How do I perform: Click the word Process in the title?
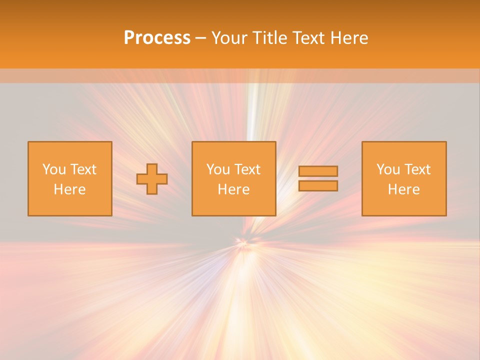pos(157,38)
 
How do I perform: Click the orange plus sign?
pos(152,178)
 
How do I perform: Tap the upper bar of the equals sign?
pos(318,171)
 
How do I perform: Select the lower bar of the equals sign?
pos(318,186)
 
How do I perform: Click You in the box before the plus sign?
pos(53,169)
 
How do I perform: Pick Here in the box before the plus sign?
pos(69,189)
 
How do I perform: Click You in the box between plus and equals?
pos(217,169)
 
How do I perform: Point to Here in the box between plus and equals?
pos(233,189)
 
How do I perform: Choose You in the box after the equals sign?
pos(387,169)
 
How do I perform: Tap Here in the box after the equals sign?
pos(403,189)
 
